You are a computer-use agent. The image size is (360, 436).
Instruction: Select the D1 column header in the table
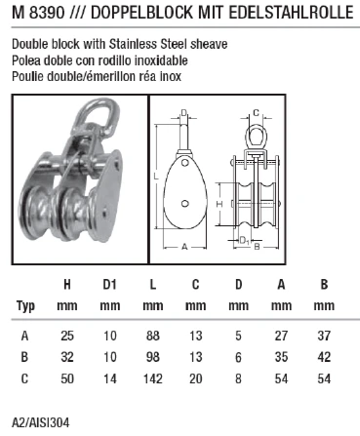(x=109, y=286)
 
